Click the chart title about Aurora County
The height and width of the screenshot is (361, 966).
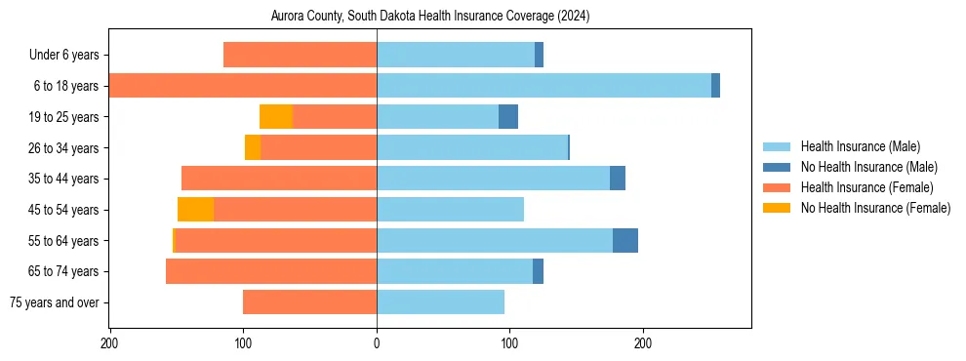click(x=430, y=17)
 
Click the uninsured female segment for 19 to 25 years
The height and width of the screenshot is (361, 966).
click(x=276, y=117)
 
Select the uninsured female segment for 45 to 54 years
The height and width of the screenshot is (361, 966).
click(x=195, y=210)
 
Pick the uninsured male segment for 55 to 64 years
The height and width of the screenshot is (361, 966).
click(x=625, y=241)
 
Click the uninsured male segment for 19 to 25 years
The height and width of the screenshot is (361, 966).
click(x=508, y=117)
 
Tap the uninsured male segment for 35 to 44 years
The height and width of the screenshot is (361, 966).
click(x=618, y=179)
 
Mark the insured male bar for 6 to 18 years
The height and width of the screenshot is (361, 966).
click(x=543, y=86)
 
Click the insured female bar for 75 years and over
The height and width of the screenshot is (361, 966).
click(x=310, y=302)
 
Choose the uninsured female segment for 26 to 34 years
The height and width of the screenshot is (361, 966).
click(x=253, y=147)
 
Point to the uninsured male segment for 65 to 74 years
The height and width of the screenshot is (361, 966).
click(x=538, y=271)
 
